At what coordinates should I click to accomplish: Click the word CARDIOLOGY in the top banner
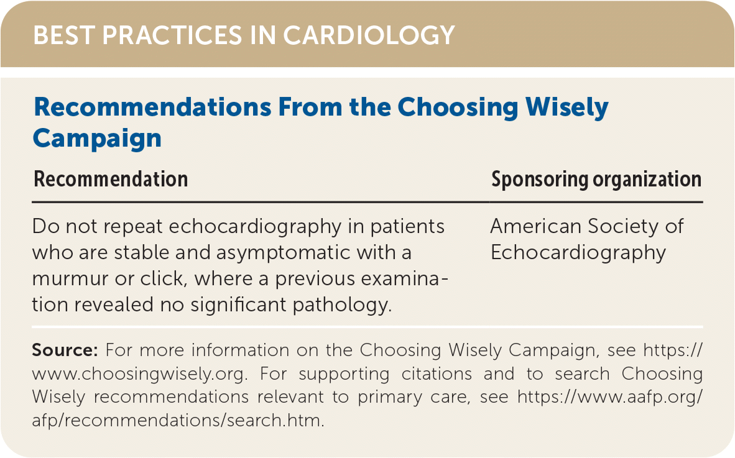pos(369,35)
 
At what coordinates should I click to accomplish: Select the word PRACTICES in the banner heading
pos(172,35)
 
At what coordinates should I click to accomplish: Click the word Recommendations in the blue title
pos(153,107)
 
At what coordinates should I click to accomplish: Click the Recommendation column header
pos(111,180)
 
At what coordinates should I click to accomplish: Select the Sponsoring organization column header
pos(596,180)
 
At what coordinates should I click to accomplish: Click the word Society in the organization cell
pos(619,227)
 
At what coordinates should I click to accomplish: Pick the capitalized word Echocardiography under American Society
pos(578,254)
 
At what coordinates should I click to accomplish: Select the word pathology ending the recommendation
pos(342,305)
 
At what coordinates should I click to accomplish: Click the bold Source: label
pos(65,350)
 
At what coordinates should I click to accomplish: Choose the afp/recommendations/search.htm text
pos(178,421)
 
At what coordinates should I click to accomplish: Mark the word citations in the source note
pos(437,373)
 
